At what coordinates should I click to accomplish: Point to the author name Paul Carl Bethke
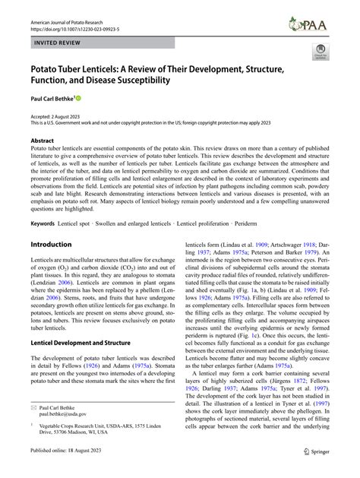52,98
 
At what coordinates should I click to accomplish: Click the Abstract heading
43,141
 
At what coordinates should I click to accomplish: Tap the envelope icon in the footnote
33,428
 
